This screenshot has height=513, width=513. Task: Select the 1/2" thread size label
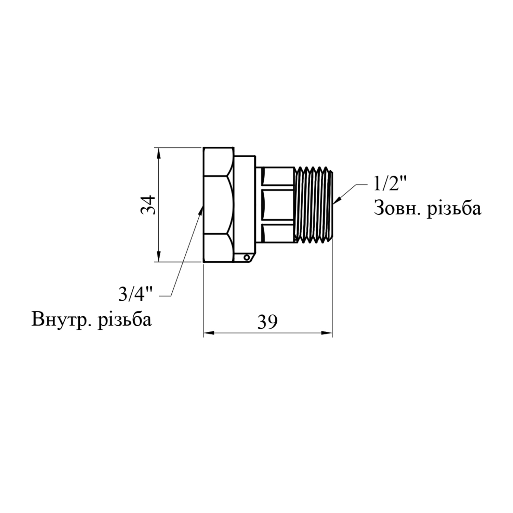389,185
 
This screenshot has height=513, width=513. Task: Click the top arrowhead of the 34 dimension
158,153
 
